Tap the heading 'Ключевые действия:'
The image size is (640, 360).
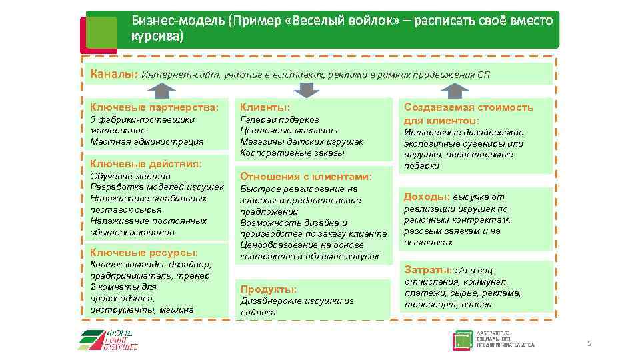point(145,163)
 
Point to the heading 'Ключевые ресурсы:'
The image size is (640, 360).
point(143,253)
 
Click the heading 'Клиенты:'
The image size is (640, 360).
point(265,107)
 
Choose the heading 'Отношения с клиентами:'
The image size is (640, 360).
point(305,177)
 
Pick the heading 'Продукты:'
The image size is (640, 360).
point(268,289)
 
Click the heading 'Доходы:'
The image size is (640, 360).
point(426,197)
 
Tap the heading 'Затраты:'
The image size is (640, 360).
point(427,270)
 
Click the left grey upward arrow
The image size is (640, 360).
point(159,91)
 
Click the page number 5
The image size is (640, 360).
point(589,343)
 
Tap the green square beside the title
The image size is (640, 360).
point(101,31)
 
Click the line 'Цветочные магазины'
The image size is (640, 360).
point(288,130)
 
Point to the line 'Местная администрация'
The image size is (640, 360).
point(146,141)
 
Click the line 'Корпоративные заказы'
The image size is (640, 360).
point(292,153)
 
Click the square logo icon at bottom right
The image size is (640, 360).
point(462,340)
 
